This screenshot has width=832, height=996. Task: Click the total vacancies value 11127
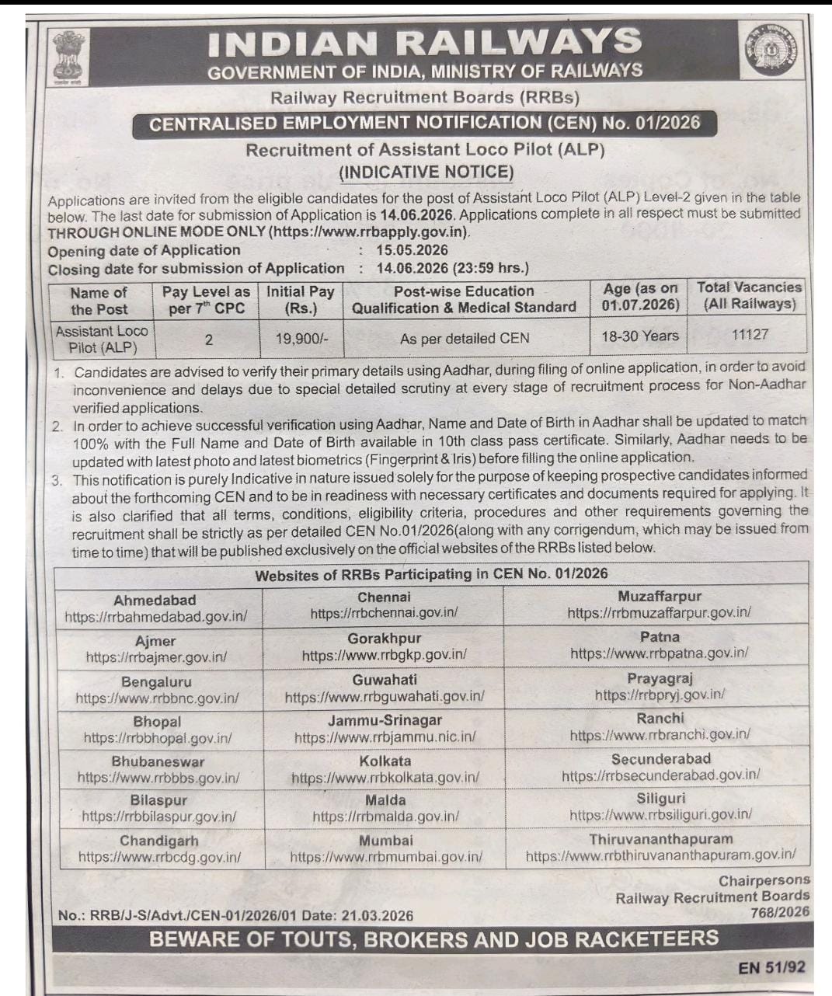750,334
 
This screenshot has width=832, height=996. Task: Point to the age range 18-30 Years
639,336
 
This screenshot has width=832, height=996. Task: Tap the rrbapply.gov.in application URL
369,232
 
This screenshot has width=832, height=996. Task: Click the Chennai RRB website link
384,613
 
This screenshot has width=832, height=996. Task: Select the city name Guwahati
385,680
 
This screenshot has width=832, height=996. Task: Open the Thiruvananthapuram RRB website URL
660,855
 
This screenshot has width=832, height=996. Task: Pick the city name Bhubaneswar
158,761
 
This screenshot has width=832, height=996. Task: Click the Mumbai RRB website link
386,857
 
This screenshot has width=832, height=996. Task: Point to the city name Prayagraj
660,678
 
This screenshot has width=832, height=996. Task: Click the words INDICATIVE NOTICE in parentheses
426,172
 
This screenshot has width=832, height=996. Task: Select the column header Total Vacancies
749,287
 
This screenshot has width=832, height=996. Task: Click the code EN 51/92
772,967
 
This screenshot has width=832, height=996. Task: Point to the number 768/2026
780,912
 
